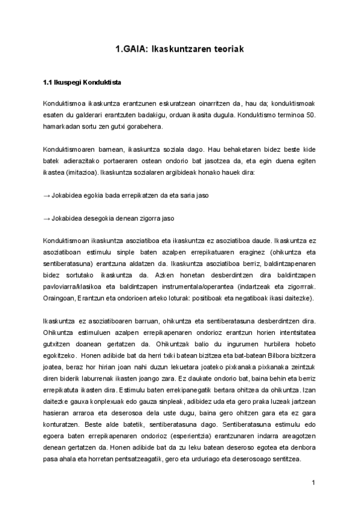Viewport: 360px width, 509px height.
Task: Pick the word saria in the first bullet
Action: (x=187, y=196)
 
